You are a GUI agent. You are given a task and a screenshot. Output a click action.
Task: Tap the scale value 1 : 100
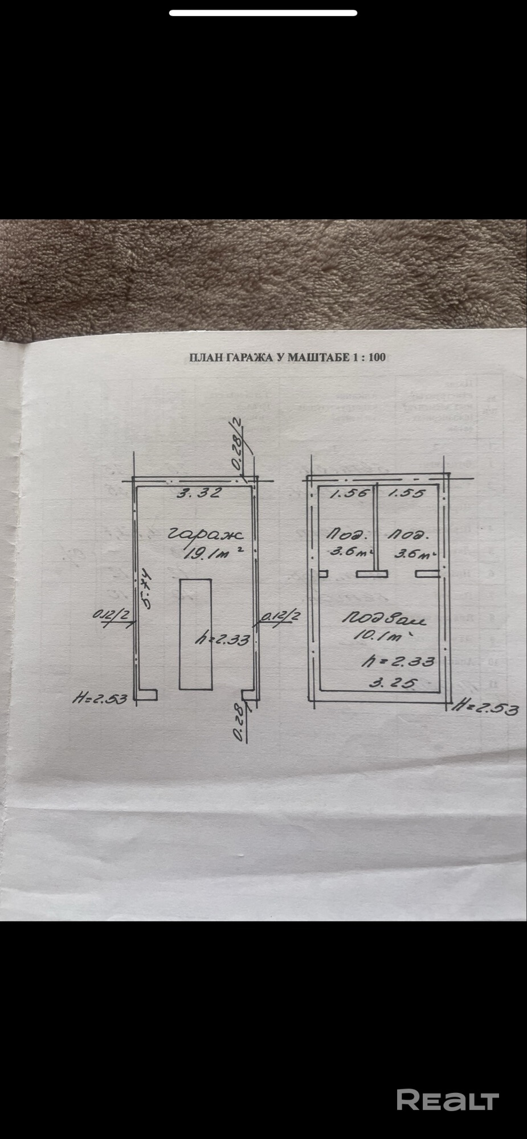tap(369, 358)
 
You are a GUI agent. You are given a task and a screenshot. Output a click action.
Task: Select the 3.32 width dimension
tap(198, 493)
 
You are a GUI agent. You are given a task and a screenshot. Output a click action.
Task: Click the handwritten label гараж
tap(206, 535)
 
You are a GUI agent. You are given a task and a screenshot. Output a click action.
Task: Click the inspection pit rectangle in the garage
tap(195, 634)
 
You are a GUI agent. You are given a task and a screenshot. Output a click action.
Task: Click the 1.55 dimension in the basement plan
tap(406, 493)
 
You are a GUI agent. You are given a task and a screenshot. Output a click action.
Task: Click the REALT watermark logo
tap(447, 1099)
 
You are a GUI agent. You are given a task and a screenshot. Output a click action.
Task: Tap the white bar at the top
tap(263, 13)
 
